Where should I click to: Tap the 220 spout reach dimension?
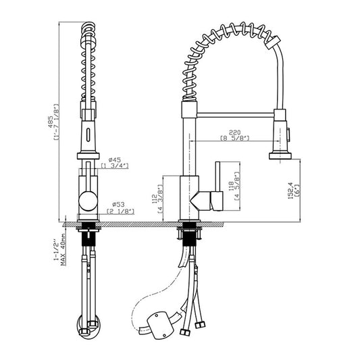tap(234, 132)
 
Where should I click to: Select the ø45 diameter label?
tap(115, 159)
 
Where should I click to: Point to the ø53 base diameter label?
tap(118, 204)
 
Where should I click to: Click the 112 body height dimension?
tap(154, 199)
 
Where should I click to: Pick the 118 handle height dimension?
tap(231, 186)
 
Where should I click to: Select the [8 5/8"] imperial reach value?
tap(234, 138)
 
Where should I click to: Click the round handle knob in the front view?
tap(88, 201)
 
